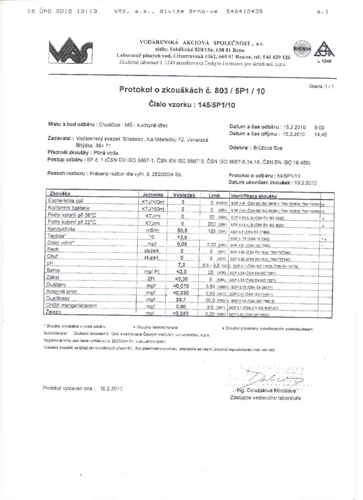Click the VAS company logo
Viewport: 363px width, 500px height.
coord(70,50)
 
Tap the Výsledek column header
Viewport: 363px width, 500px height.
coord(184,195)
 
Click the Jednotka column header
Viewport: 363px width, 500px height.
coord(153,195)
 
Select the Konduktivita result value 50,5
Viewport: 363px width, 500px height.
coord(182,230)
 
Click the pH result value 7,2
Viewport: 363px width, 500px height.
coord(181,265)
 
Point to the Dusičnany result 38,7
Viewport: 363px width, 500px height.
coord(181,300)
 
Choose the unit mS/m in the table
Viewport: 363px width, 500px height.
coord(152,230)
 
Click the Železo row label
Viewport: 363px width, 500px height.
coord(54,312)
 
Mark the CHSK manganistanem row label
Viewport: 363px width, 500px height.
coord(71,306)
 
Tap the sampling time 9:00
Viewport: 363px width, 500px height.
coord(319,127)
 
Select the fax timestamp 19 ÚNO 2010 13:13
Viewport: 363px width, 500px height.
coord(62,11)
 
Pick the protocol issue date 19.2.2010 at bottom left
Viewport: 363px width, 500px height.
coord(111,389)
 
